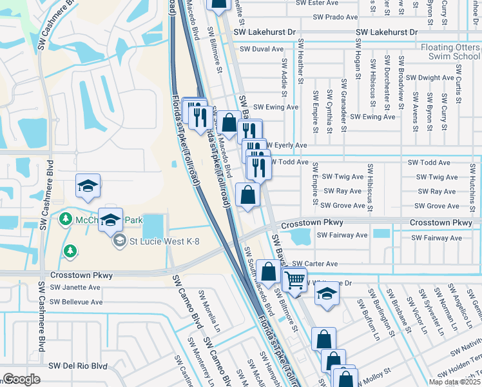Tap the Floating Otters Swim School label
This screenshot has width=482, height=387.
(x=450, y=52)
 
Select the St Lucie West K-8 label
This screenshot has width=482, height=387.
(x=165, y=243)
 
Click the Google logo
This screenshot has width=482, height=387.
(x=22, y=379)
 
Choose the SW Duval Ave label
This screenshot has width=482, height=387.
(x=261, y=49)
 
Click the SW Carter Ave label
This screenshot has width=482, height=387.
(x=314, y=264)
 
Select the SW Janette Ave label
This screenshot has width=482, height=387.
(x=70, y=287)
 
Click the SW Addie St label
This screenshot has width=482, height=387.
(x=283, y=75)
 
